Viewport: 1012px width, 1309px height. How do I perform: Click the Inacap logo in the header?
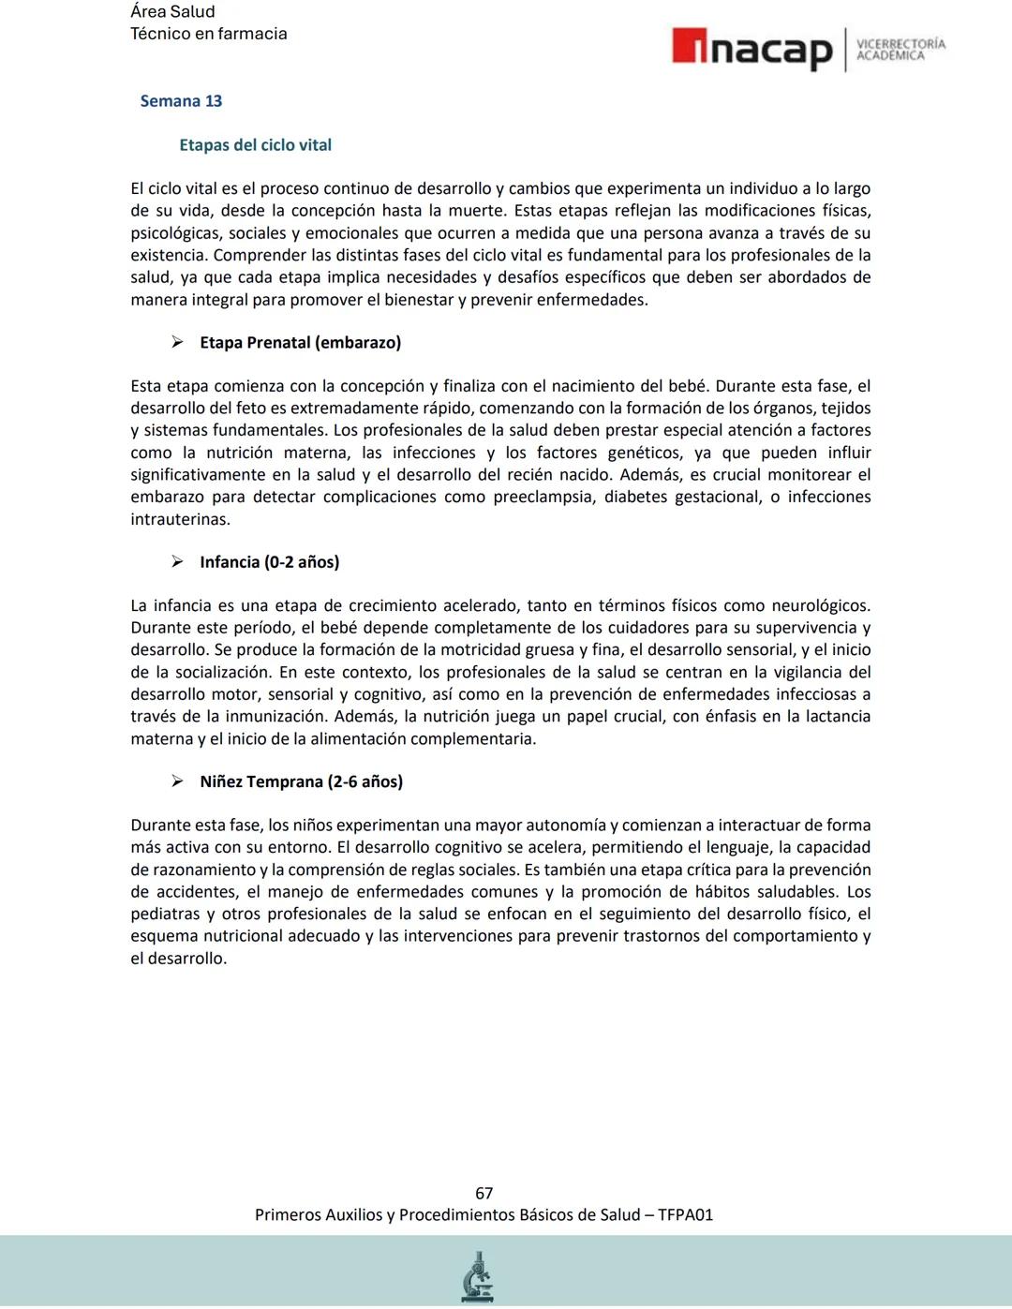pos(752,49)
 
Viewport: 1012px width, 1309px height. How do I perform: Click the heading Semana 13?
pos(181,101)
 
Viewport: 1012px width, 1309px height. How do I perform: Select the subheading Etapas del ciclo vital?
pos(255,145)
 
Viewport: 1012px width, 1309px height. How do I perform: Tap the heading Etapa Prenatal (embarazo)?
pos(300,343)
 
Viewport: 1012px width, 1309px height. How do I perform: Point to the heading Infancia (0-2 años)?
pos(269,562)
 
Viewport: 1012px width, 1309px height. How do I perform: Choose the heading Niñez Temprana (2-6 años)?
pos(301,781)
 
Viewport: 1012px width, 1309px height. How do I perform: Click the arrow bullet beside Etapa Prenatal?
pos(177,343)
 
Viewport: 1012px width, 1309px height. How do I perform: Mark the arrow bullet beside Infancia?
pos(177,562)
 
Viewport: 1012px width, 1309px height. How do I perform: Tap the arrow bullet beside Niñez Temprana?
pos(177,781)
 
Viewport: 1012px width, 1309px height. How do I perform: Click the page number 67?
pos(484,1193)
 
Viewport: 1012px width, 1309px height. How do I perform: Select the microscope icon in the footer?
pos(478,1276)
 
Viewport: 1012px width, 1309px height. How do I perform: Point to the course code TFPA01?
pos(685,1215)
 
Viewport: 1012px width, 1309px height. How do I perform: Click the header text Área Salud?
pos(172,12)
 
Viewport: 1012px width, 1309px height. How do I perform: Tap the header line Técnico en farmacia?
pos(208,34)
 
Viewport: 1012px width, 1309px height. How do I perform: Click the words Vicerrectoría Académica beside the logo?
pos(900,50)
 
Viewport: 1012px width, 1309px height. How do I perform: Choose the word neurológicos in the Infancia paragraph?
pos(817,606)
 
